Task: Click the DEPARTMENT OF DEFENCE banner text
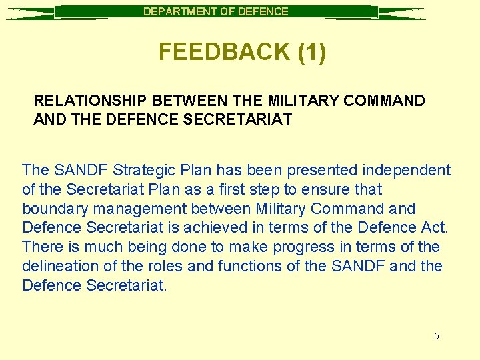coord(216,11)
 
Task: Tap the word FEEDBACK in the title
coord(224,52)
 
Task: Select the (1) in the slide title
coord(312,52)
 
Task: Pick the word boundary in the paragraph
coord(52,209)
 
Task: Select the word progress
coord(301,247)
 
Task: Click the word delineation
coord(58,267)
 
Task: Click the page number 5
coord(437,336)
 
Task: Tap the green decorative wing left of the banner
coord(30,13)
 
